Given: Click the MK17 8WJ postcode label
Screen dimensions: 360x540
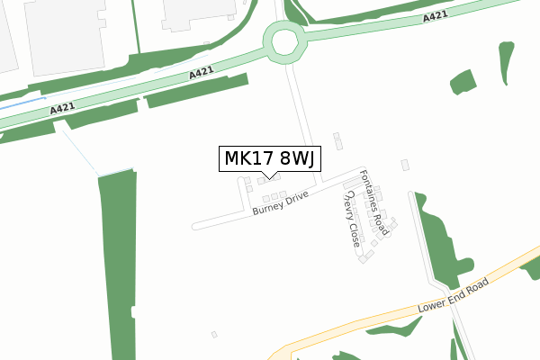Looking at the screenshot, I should click(267, 158).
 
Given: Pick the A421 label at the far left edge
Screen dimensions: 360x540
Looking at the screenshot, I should click(62, 108).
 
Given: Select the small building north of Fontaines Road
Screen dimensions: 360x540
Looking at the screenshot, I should click(337, 140).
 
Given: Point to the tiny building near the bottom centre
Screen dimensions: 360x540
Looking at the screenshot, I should click(214, 335).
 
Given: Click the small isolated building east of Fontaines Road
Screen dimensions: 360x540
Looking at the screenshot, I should click(405, 165).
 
